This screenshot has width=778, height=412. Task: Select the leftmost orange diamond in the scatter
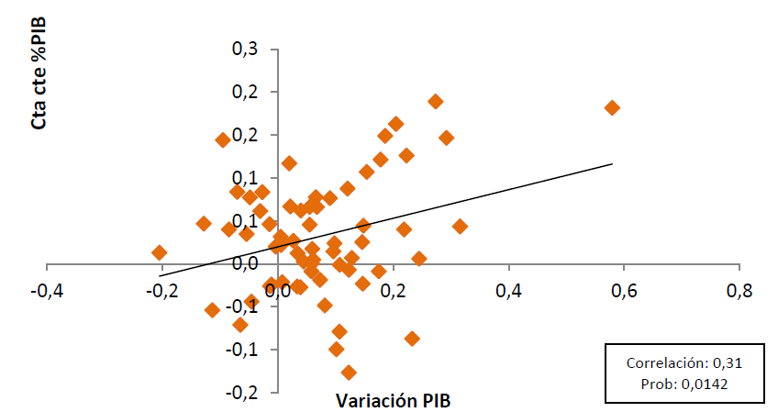click(x=160, y=252)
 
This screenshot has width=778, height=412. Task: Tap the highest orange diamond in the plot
click(x=436, y=101)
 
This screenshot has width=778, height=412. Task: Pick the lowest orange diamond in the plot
click(x=349, y=373)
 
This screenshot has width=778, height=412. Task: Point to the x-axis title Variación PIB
click(x=394, y=400)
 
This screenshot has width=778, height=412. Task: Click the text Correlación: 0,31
click(x=684, y=363)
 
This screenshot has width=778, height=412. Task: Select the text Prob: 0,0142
click(x=684, y=384)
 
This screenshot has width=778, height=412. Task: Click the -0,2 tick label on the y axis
click(x=245, y=392)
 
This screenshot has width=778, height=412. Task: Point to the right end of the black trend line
click(x=612, y=164)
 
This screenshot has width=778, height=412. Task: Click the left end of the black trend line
click(x=160, y=275)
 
